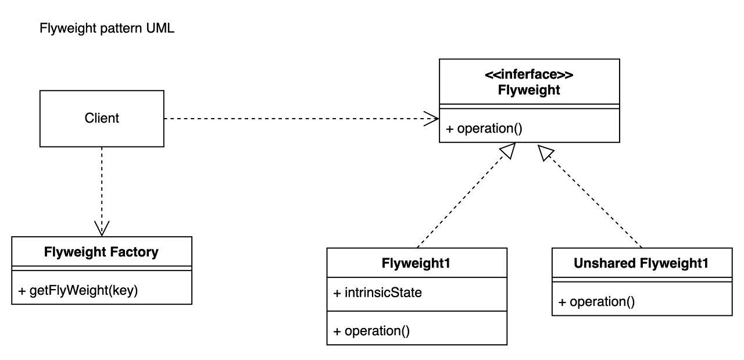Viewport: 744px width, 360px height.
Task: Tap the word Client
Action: pyautogui.click(x=102, y=118)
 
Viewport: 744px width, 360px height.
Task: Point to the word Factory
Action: pyautogui.click(x=134, y=252)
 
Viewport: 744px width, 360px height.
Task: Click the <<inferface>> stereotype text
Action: pyautogui.click(x=529, y=74)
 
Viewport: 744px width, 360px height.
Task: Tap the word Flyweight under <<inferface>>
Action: pyautogui.click(x=529, y=90)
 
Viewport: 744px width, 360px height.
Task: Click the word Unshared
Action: pyautogui.click(x=604, y=263)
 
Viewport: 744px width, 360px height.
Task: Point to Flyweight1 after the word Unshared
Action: pyautogui.click(x=674, y=263)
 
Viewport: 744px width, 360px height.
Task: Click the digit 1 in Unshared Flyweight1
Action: pyautogui.click(x=705, y=263)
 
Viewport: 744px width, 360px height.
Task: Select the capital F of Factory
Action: pyautogui.click(x=114, y=252)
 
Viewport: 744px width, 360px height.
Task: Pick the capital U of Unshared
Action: pyautogui.click(x=579, y=263)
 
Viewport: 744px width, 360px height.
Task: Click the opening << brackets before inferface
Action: pyautogui.click(x=492, y=74)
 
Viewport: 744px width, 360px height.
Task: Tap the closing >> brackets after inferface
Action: pyautogui.click(x=566, y=74)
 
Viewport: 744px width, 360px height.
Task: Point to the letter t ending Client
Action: pyautogui.click(x=117, y=118)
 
